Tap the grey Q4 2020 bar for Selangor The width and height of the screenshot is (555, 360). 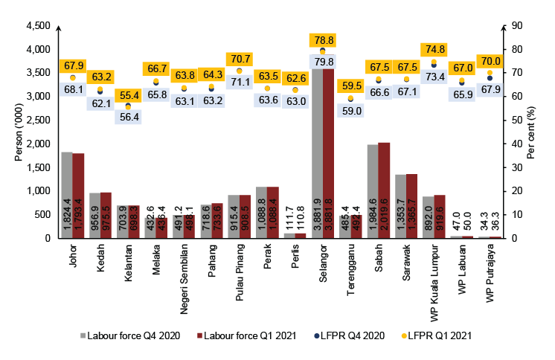pyautogui.click(x=317, y=149)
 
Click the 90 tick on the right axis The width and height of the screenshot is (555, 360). pyautogui.click(x=510, y=26)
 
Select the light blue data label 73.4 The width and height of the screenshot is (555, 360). pyautogui.click(x=434, y=77)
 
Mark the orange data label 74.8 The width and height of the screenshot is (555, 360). pyautogui.click(x=434, y=50)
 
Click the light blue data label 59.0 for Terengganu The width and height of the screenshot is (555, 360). pyautogui.click(x=351, y=111)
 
